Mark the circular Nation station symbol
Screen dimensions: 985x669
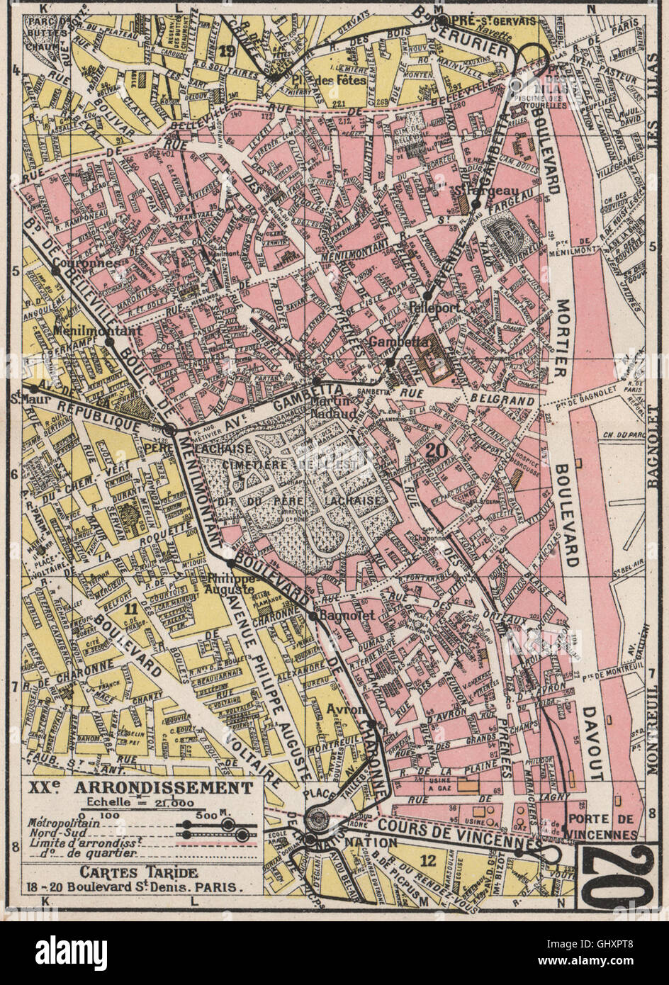(x=315, y=819)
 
